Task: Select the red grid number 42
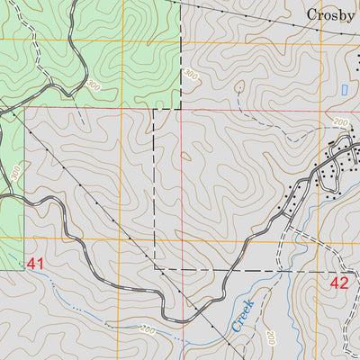coord(339,283)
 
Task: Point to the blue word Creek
coord(243,316)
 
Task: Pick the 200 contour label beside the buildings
coord(339,122)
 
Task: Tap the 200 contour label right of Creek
coord(269,337)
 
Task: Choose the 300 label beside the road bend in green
coord(94,85)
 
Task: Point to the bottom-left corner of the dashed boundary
coord(155,268)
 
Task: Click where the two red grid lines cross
coord(180,109)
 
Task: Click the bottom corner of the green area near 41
coord(23,269)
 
